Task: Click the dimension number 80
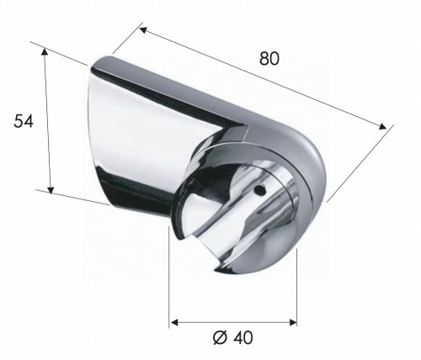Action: (269, 59)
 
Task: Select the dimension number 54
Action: (24, 122)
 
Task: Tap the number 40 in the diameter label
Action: (242, 337)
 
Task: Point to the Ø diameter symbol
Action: (221, 337)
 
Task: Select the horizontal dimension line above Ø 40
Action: (233, 321)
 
